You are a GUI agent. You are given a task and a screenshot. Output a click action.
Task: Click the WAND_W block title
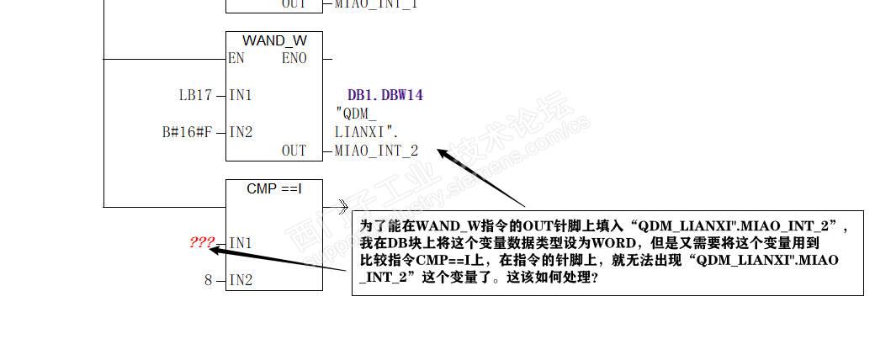(x=274, y=40)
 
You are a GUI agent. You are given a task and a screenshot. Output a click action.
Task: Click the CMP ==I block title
(x=274, y=188)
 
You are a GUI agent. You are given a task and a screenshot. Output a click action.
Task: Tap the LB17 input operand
(x=195, y=95)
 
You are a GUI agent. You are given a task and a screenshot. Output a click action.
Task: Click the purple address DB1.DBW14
(x=384, y=95)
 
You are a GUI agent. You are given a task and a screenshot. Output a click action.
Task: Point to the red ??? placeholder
(x=202, y=242)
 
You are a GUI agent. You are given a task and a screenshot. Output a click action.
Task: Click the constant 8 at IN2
(x=209, y=280)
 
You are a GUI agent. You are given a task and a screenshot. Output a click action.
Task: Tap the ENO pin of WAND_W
(x=294, y=59)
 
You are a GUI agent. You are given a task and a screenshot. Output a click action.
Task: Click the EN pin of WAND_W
(x=236, y=59)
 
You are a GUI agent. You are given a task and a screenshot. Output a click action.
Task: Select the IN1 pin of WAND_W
(x=241, y=95)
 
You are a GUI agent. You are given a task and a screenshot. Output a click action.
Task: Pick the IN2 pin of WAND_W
(x=241, y=132)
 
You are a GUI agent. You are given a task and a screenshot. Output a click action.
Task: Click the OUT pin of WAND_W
(x=294, y=151)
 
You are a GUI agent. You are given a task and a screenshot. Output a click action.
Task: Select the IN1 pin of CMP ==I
(x=241, y=243)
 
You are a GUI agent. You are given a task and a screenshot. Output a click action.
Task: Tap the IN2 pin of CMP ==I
(x=241, y=280)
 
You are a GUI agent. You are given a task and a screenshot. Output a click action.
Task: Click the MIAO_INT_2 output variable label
(x=376, y=151)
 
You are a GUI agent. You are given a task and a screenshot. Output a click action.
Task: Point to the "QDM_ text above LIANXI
(x=356, y=114)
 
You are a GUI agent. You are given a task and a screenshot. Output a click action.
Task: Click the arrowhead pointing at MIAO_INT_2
(x=441, y=152)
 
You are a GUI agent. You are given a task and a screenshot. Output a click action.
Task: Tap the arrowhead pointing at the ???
(x=214, y=249)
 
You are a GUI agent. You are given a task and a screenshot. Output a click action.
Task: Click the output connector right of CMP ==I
(x=341, y=206)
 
